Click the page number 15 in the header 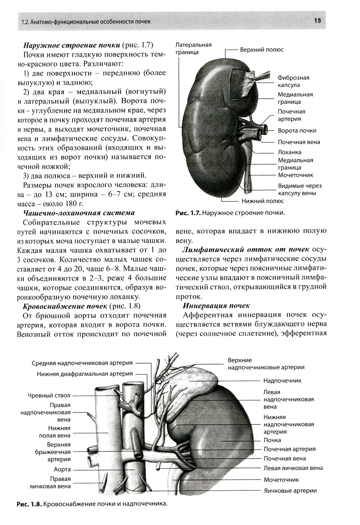[x=318, y=21]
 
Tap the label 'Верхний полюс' [x=262, y=50]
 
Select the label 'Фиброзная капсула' [x=293, y=81]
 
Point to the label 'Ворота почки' [x=297, y=130]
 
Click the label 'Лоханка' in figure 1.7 [x=289, y=152]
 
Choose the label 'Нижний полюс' [x=262, y=201]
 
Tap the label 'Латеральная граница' [x=193, y=48]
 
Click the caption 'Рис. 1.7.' [x=188, y=213]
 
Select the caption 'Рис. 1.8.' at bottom [x=29, y=504]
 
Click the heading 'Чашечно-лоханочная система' [x=79, y=213]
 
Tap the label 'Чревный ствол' [x=49, y=395]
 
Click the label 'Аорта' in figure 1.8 [x=62, y=469]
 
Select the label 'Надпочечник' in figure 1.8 [x=282, y=381]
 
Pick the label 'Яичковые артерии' [x=290, y=490]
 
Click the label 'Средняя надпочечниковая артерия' [x=82, y=363]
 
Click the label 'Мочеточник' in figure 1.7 [x=295, y=175]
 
